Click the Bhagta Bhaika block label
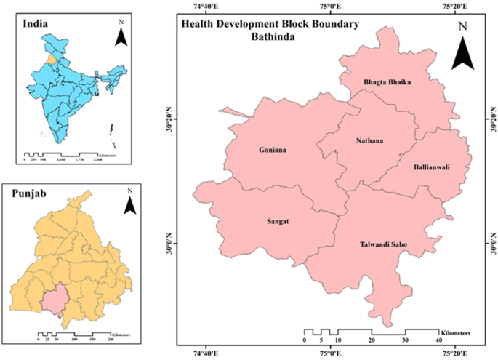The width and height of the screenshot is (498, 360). coord(387,83)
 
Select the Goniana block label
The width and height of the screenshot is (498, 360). coord(273,151)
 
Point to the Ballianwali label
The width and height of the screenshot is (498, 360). coord(432,167)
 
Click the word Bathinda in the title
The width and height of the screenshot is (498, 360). coord(270,36)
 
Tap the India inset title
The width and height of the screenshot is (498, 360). coord(36,24)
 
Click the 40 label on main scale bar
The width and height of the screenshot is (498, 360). coord(438,340)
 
